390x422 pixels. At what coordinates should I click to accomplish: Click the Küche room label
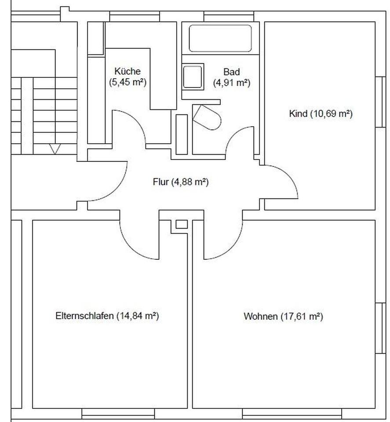click(x=128, y=76)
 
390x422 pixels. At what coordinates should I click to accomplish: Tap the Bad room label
click(x=231, y=77)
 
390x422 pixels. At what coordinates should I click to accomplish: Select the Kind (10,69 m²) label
click(x=321, y=113)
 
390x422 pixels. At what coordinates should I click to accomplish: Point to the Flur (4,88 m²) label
click(x=181, y=182)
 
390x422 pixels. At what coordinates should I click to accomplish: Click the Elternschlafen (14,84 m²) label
click(x=107, y=316)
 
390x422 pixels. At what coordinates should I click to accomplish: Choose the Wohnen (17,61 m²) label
click(x=283, y=316)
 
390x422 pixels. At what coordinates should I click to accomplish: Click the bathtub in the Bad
click(x=220, y=38)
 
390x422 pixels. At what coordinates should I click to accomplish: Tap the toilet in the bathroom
click(x=207, y=117)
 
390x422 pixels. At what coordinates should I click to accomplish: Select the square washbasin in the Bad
click(x=193, y=76)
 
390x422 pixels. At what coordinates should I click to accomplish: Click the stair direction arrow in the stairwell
click(x=55, y=149)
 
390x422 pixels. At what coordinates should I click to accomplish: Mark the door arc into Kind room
click(x=288, y=175)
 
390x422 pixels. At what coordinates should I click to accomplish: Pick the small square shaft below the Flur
click(x=182, y=224)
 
